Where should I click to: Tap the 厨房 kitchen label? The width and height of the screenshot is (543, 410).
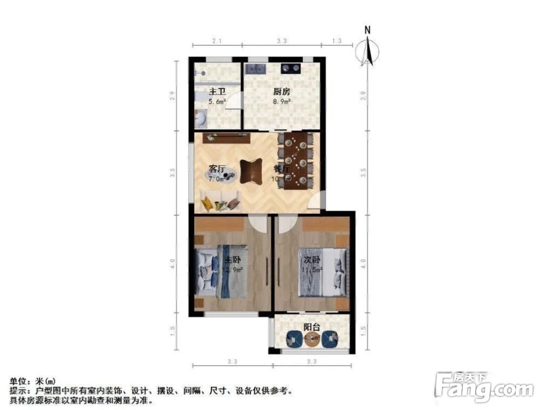pos(281,92)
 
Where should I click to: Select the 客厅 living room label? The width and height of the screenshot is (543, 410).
pos(217,168)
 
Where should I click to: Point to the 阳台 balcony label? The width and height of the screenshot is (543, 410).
pos(312,327)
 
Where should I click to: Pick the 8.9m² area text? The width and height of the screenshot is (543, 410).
pos(281,101)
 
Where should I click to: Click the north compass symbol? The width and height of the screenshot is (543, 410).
pos(369,49)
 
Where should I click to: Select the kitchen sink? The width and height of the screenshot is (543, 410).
pos(255,69)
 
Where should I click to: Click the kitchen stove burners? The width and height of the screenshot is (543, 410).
pos(290,68)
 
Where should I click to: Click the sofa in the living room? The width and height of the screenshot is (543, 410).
pos(220,201)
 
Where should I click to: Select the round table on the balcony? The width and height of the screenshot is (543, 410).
pos(312,340)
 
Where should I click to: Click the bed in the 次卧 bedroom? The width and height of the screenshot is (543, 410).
pos(322,272)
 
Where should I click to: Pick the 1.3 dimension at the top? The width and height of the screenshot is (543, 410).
pos(336,41)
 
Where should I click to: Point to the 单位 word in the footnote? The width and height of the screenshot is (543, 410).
pos(16,381)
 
